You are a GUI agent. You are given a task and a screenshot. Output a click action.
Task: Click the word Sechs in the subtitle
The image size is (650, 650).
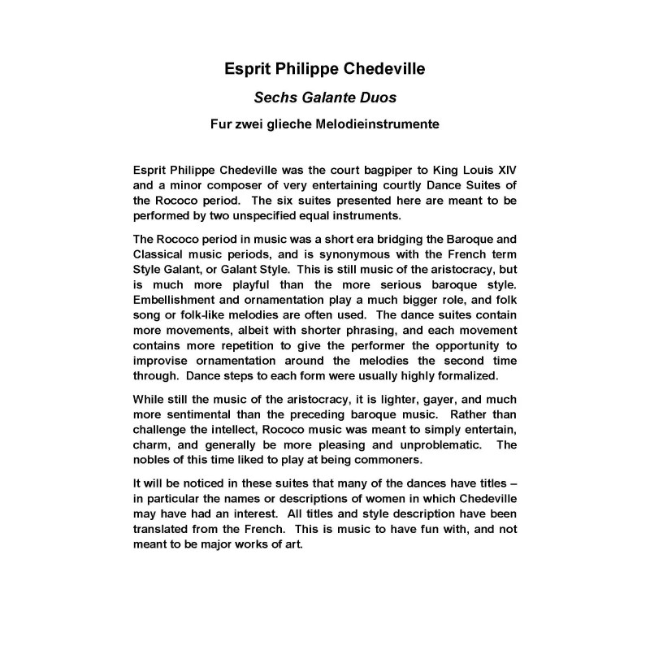(275, 98)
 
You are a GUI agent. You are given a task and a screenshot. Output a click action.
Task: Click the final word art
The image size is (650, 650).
(292, 544)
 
